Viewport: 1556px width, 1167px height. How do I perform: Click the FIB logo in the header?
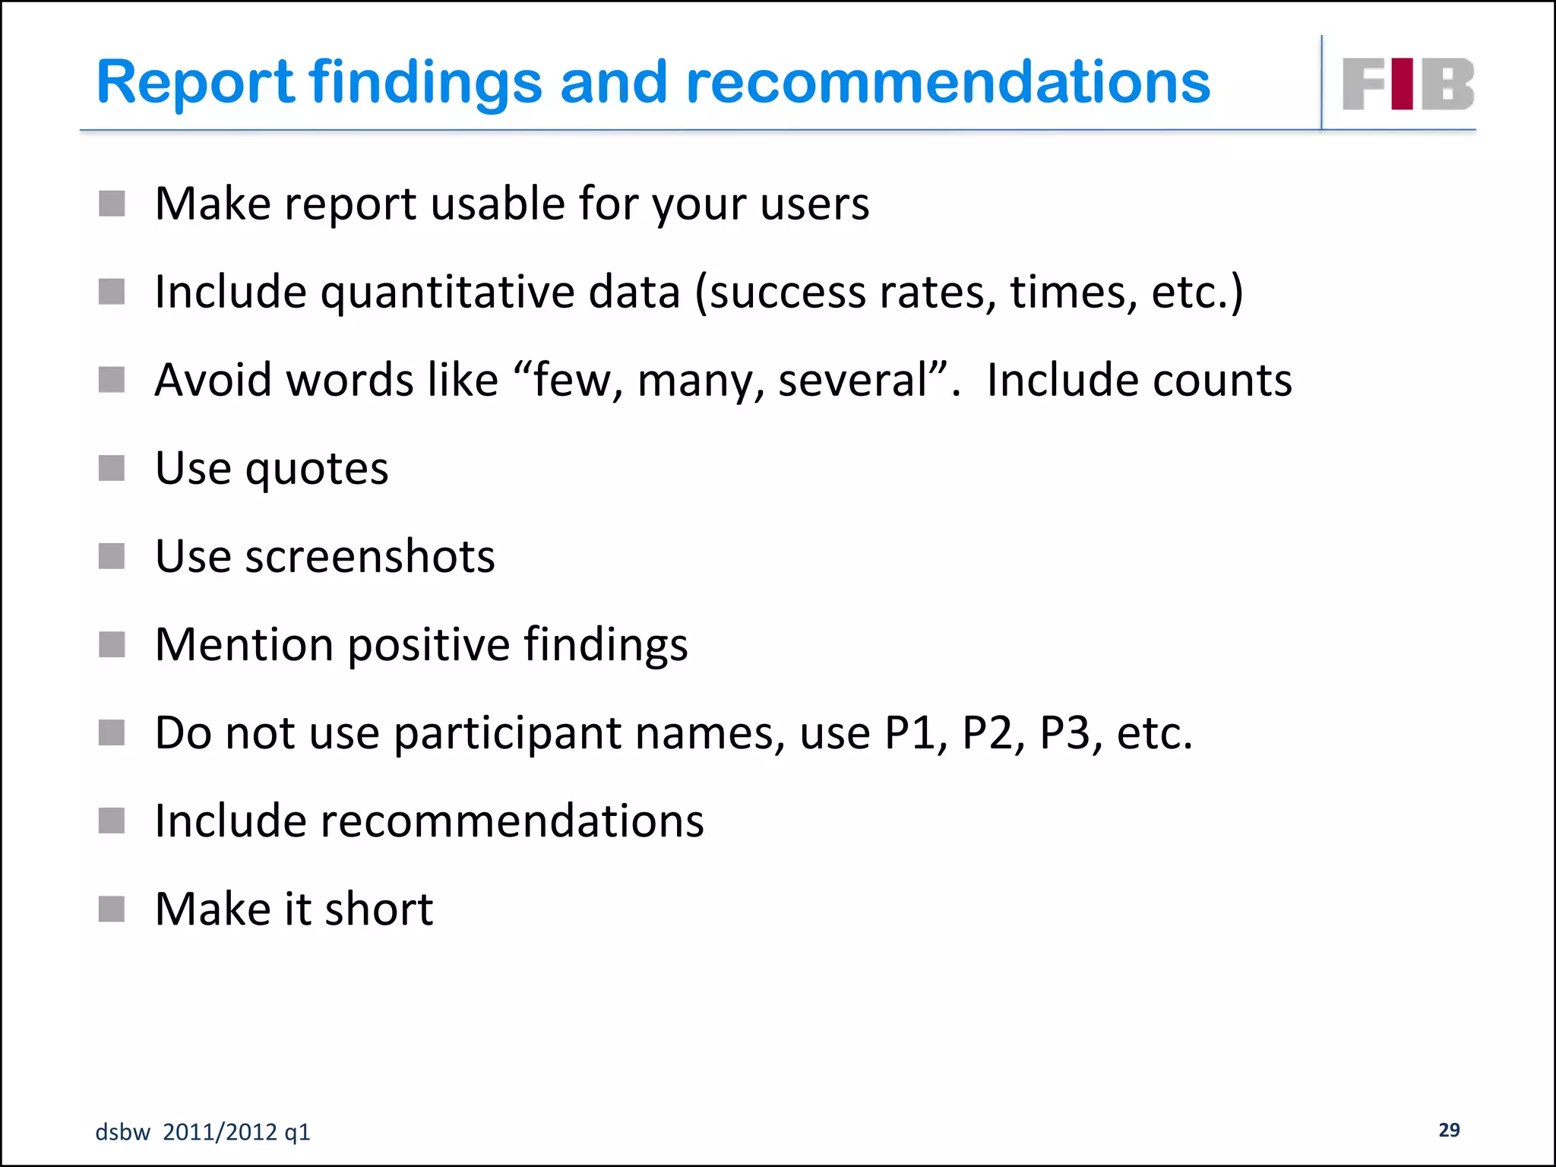tap(1408, 84)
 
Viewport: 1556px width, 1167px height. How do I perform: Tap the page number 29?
tap(1449, 1130)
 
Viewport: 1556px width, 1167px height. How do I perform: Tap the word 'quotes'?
tap(316, 470)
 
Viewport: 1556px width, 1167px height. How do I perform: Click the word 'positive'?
tap(429, 645)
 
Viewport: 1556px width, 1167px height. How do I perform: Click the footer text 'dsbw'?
tap(122, 1132)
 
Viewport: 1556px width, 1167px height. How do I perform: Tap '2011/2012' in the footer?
tap(220, 1132)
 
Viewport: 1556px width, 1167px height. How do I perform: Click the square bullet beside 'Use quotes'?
tap(112, 468)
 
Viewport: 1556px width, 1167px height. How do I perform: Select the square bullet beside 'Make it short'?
tap(112, 909)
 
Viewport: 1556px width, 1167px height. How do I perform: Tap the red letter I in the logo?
tap(1403, 84)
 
